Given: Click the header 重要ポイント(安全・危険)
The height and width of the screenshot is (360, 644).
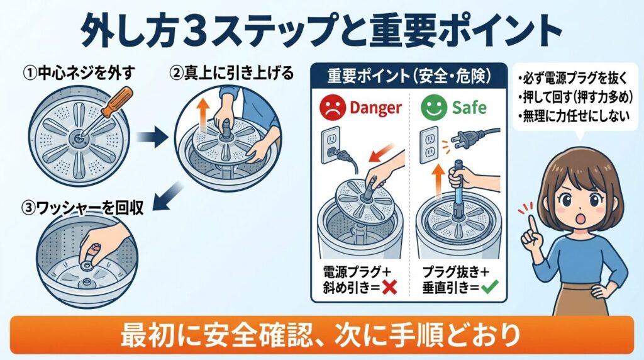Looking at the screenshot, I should tap(409, 76).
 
